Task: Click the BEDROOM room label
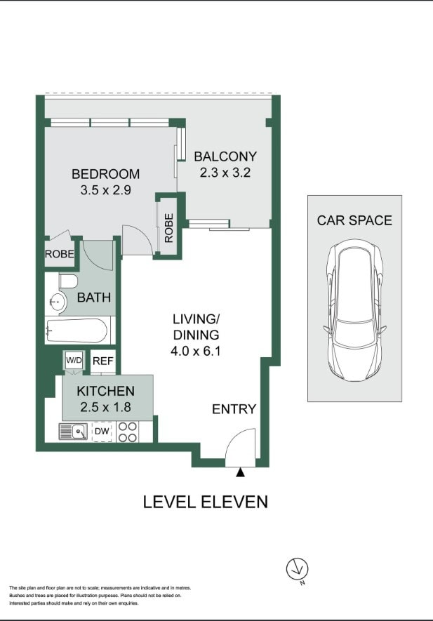tap(105, 174)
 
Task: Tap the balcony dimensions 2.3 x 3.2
tap(225, 173)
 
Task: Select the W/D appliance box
tap(74, 361)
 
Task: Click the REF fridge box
tap(103, 361)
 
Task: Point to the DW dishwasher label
tap(102, 432)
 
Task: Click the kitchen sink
tap(73, 432)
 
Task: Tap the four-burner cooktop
tap(128, 432)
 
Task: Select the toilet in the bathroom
tap(68, 282)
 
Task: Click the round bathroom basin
tap(58, 302)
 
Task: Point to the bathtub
tap(76, 331)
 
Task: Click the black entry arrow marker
tap(240, 472)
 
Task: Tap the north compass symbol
tap(298, 570)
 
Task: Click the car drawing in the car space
tap(355, 309)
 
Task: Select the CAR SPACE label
tap(354, 220)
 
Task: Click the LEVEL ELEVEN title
tap(205, 502)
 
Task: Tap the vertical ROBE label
tap(169, 228)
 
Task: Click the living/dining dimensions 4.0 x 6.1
tap(195, 351)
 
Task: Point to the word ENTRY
tap(234, 409)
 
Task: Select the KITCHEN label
tap(106, 391)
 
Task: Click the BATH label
tap(94, 298)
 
